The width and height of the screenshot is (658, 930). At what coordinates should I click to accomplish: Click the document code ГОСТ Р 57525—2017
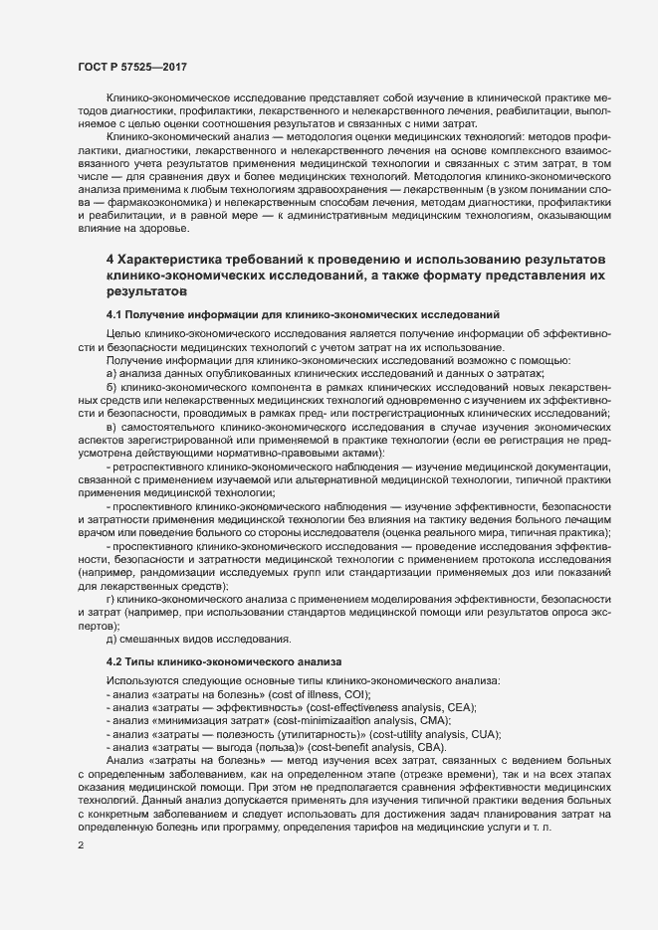(132, 67)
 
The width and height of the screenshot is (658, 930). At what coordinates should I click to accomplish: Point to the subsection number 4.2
(116, 661)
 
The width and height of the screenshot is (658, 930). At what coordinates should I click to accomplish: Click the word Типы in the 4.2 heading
(148, 661)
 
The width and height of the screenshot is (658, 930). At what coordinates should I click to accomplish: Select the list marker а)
(112, 372)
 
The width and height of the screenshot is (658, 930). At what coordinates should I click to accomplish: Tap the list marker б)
(112, 385)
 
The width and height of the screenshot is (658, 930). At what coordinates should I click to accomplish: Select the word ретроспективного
(163, 465)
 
